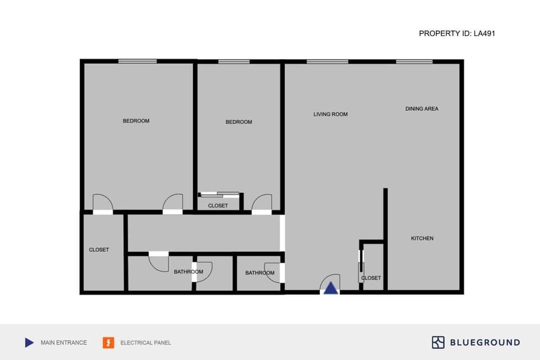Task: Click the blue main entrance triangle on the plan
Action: (331, 288)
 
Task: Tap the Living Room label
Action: (331, 114)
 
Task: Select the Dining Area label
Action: (422, 109)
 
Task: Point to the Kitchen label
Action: (422, 238)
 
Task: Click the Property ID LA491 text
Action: (457, 34)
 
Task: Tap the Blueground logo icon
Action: (438, 342)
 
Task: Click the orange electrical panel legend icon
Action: (108, 342)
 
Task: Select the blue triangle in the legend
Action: (29, 342)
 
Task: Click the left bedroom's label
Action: (136, 121)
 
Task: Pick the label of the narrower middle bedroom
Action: (238, 122)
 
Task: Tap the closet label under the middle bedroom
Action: (218, 206)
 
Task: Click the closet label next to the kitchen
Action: (371, 278)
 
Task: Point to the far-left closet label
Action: (99, 250)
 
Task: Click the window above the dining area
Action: (414, 61)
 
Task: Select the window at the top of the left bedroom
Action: (137, 61)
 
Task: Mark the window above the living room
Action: (327, 61)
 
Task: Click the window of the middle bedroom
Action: (233, 61)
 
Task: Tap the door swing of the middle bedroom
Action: (262, 202)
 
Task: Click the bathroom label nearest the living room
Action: (260, 273)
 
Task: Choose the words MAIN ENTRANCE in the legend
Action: (64, 343)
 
